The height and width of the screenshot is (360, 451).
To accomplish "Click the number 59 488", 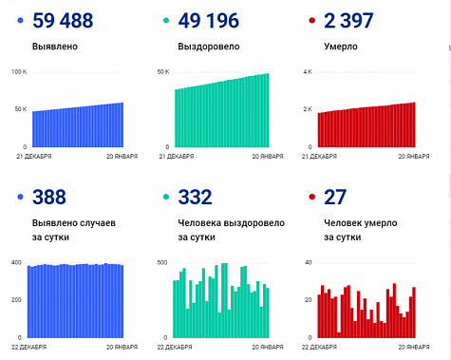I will point(68,21).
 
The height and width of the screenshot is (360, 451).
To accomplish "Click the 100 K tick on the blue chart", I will point(18,72).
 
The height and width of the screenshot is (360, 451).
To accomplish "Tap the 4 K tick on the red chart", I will point(307,72).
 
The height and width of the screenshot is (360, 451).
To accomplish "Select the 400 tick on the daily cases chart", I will point(16,262).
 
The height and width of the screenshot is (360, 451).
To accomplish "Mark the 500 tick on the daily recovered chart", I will point(161,262).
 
